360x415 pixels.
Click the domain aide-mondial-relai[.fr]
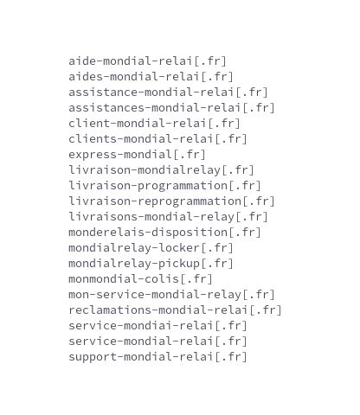point(147,61)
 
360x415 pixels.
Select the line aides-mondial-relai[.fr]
point(151,77)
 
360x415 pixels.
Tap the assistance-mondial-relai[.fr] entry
point(168,93)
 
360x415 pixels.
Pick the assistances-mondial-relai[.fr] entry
point(171,108)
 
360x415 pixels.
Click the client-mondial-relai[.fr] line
point(154,124)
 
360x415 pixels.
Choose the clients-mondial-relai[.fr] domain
point(157,139)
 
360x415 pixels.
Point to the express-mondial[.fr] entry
point(137,155)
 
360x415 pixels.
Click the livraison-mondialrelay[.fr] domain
point(161,170)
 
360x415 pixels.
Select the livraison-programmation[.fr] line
point(164,186)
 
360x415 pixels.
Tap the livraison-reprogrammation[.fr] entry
point(171,201)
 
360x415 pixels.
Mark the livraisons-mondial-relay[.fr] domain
point(168,217)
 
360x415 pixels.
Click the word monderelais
point(106,233)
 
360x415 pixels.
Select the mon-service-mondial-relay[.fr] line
point(171,295)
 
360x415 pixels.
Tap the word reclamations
point(110,310)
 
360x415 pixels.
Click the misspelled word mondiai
point(148,326)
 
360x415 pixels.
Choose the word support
point(93,357)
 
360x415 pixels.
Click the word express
point(93,155)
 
